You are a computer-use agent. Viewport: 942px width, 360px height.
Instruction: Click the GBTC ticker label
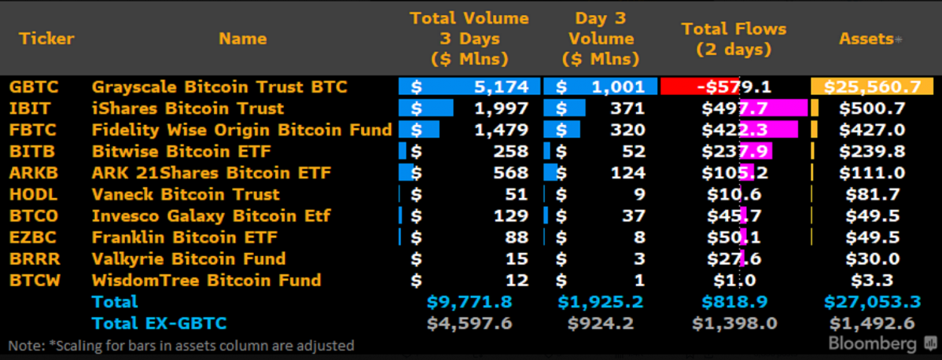click(x=29, y=86)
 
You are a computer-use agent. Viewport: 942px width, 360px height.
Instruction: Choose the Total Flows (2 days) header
click(x=733, y=39)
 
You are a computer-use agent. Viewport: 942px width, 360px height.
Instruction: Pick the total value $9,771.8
click(x=469, y=302)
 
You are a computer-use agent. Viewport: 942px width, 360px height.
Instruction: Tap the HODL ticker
click(x=29, y=194)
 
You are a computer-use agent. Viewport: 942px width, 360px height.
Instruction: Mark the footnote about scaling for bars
click(x=182, y=345)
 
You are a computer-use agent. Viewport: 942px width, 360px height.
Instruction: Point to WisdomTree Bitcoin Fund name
click(x=206, y=280)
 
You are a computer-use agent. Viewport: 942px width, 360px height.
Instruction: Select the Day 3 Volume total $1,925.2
click(x=601, y=302)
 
